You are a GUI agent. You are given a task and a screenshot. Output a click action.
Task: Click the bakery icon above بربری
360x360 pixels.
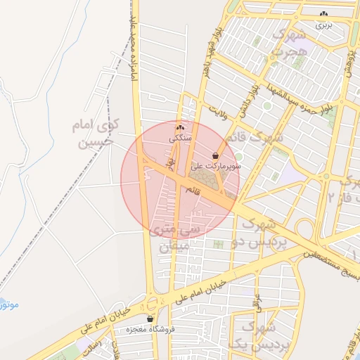pos(324,14)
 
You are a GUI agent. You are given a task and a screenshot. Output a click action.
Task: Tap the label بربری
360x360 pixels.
pos(323,25)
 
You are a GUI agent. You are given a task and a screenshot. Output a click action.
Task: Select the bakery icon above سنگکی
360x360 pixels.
pos(180,128)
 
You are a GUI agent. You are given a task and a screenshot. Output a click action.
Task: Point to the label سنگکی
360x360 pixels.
pos(180,139)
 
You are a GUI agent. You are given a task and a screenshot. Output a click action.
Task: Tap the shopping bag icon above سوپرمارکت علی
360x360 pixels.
pos(214,155)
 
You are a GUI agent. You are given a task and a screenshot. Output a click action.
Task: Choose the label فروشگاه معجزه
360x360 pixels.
pos(150,329)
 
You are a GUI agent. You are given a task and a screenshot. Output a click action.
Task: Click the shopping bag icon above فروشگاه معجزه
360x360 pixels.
pos(150,318)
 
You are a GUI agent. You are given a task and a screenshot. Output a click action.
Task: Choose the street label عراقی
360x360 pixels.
pos(258,302)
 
